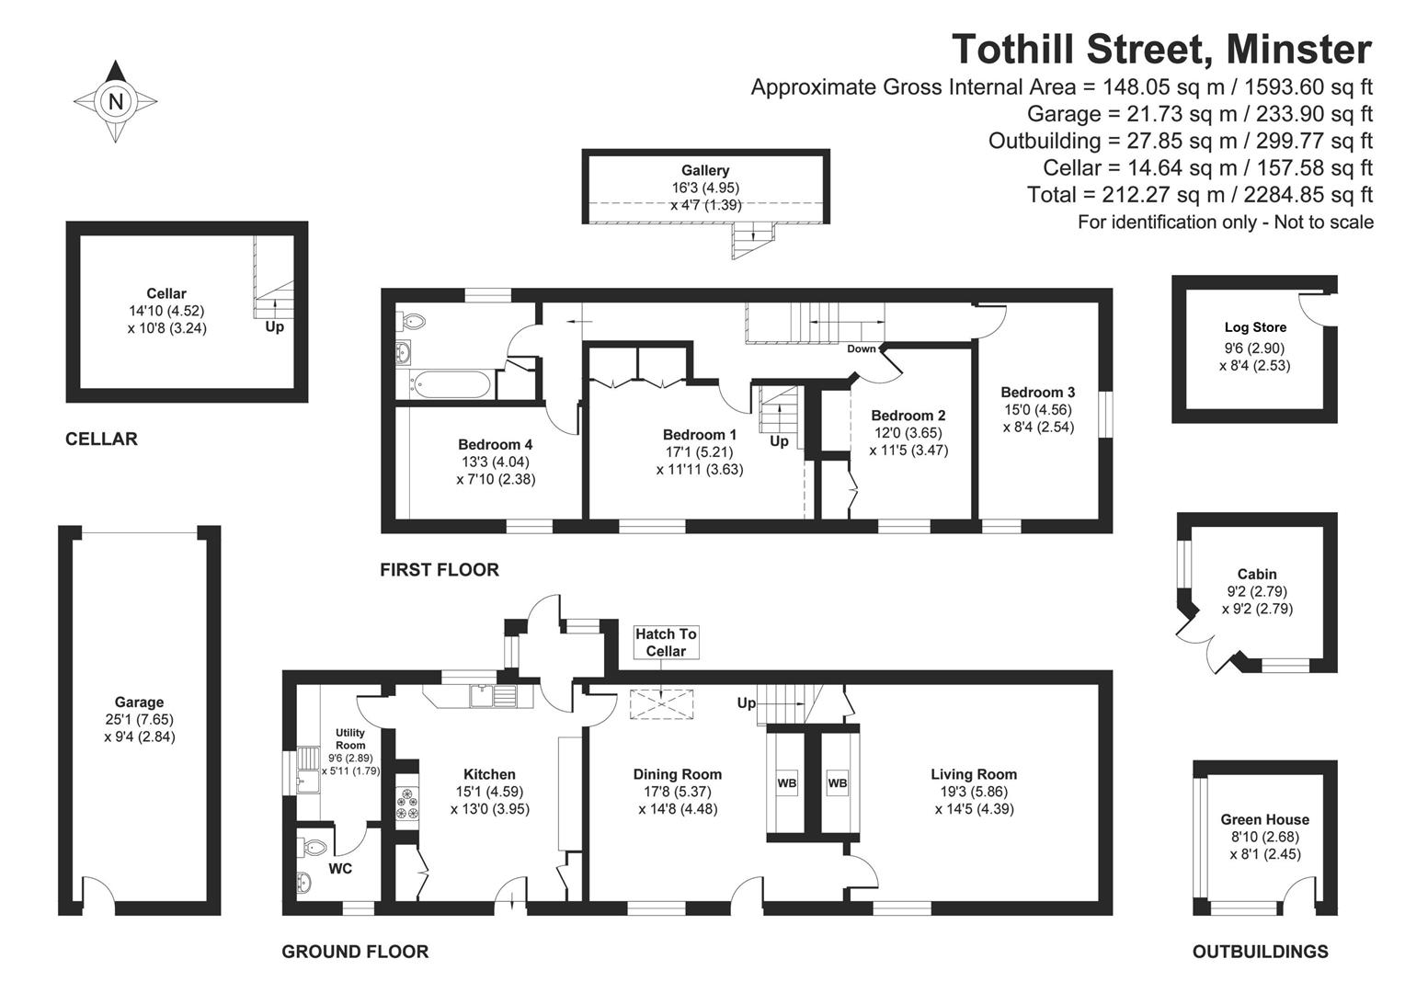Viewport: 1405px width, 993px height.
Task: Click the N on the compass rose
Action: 116,101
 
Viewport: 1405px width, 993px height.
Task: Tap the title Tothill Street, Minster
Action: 1161,49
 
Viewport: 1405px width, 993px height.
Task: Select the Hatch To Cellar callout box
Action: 666,642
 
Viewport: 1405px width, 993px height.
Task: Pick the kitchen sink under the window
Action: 493,695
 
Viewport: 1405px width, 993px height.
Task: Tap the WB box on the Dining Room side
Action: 787,783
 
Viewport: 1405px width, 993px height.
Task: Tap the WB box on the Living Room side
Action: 837,783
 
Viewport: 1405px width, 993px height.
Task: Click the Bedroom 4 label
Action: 495,444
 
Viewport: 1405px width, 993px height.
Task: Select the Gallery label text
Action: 705,170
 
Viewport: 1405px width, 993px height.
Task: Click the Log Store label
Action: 1255,327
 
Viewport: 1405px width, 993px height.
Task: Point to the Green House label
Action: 1264,819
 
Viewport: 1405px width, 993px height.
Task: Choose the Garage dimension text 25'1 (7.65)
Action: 139,719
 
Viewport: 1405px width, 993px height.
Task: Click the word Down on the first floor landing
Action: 862,348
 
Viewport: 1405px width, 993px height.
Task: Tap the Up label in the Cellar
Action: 274,326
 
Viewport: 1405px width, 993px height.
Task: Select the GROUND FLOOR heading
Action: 355,952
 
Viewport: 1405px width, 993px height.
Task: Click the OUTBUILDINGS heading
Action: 1260,952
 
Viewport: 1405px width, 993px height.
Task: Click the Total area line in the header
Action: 1199,195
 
